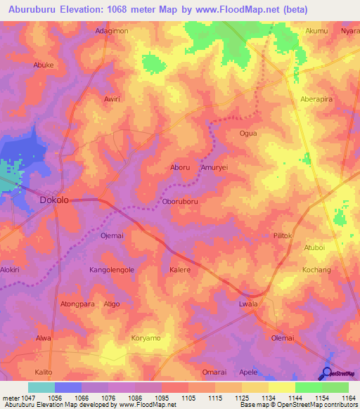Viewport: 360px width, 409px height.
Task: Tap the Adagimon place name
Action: pos(112,32)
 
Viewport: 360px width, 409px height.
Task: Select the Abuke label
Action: pos(44,65)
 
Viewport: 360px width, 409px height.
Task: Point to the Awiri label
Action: pos(112,99)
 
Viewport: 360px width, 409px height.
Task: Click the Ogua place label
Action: pos(248,133)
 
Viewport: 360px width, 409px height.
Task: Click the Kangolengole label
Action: pos(112,269)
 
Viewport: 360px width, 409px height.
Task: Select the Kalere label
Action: pos(181,269)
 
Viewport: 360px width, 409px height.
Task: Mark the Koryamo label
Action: pos(146,338)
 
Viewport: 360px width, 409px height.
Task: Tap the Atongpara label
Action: pos(77,304)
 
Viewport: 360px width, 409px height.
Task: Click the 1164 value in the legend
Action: pos(348,398)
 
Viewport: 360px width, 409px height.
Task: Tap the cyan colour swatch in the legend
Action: pos(41,387)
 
